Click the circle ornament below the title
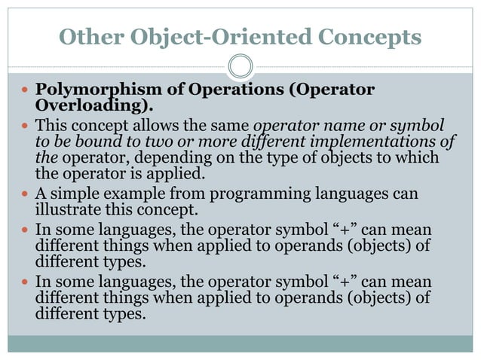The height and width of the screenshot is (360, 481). tap(240, 66)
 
